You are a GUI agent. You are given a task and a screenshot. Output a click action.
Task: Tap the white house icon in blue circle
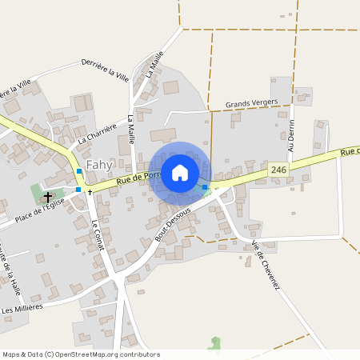pyautogui.click(x=180, y=172)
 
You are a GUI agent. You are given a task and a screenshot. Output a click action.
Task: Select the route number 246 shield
pyautogui.click(x=278, y=170)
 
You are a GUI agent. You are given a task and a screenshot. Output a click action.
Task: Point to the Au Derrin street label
pyautogui.click(x=292, y=140)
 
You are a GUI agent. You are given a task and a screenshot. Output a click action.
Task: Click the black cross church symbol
pyautogui.click(x=48, y=196)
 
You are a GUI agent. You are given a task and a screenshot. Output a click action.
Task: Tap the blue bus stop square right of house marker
pyautogui.click(x=206, y=187)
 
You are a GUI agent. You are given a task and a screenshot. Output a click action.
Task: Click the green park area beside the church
pyautogui.click(x=37, y=193)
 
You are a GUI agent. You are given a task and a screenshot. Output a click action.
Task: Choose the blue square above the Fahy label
pyautogui.click(x=79, y=171)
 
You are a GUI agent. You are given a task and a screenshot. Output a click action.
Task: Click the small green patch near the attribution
pyautogui.click(x=214, y=345)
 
